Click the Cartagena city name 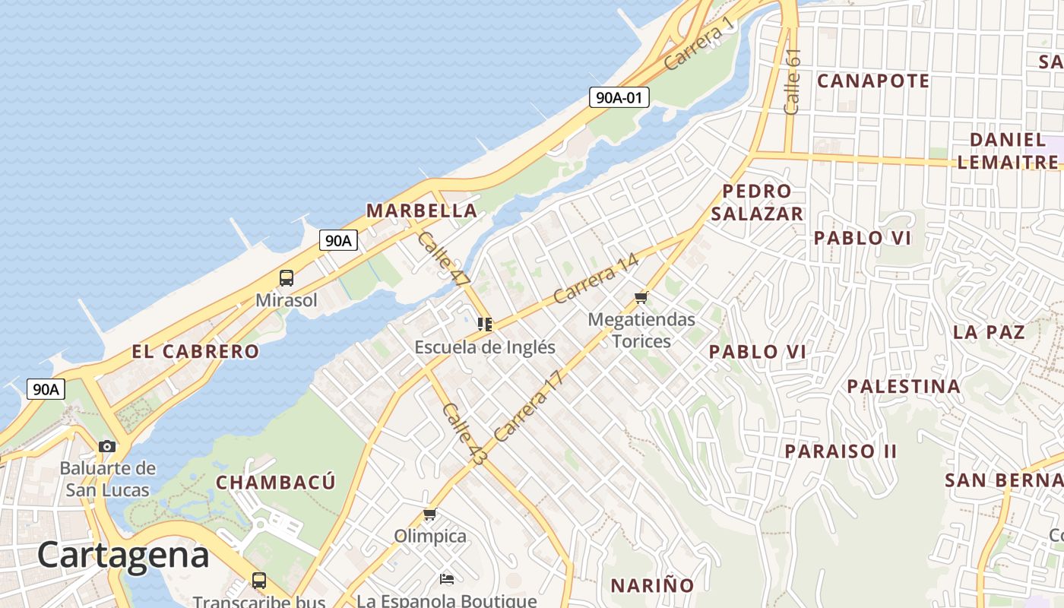coord(123,555)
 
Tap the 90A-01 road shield coord(619,97)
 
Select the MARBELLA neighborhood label coord(422,211)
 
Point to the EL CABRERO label coord(195,351)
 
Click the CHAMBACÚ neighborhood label coord(275,483)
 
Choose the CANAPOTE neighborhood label coord(873,81)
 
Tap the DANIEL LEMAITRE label coord(1008,150)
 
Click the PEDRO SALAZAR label coord(757,202)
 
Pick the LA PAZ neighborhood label coord(989,332)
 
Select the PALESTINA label coord(904,386)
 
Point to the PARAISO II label coord(841,451)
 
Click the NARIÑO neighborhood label coord(653,585)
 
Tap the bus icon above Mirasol coord(287,278)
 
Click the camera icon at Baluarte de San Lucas coord(107,446)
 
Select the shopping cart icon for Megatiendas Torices coord(641,298)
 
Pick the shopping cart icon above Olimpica coord(430,515)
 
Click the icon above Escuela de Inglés coord(485,325)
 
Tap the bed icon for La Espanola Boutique coord(447,579)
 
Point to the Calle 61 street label coord(792,81)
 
